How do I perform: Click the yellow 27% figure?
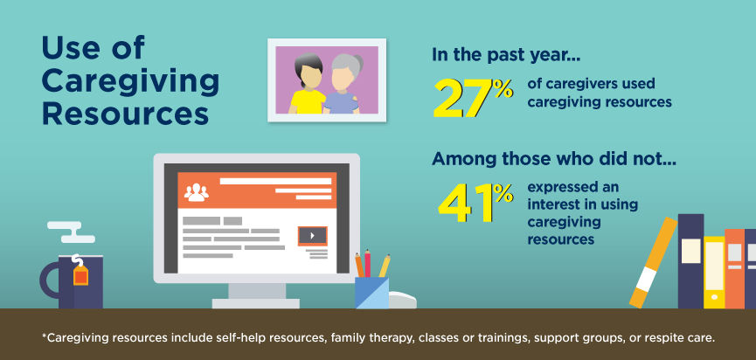[x=473, y=99]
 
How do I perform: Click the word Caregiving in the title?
[x=130, y=83]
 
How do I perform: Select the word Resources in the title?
[x=125, y=114]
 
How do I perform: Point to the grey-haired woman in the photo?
[x=343, y=85]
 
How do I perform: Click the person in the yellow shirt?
[x=307, y=86]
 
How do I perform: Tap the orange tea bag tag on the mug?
[x=80, y=275]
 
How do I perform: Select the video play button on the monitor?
[x=312, y=236]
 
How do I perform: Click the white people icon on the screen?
[x=197, y=192]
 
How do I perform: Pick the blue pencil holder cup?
[x=371, y=293]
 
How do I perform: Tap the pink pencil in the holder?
[x=367, y=263]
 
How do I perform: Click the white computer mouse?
[x=403, y=301]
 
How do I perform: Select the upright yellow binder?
[x=714, y=273]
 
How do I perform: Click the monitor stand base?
[x=255, y=303]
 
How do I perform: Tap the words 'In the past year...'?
[x=506, y=55]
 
